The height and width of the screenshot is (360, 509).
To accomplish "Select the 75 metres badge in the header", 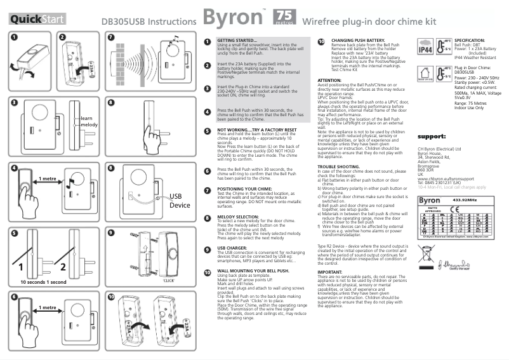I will click(284, 18).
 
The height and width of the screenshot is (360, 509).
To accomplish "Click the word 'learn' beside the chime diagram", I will click(88, 119).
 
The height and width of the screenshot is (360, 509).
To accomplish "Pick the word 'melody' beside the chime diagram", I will click(89, 126).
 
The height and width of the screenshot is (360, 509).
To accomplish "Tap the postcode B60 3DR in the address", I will click(426, 170).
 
